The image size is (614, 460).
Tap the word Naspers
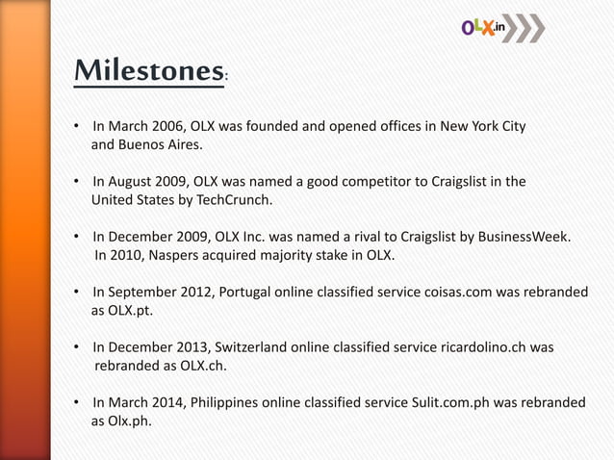pos(191,255)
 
